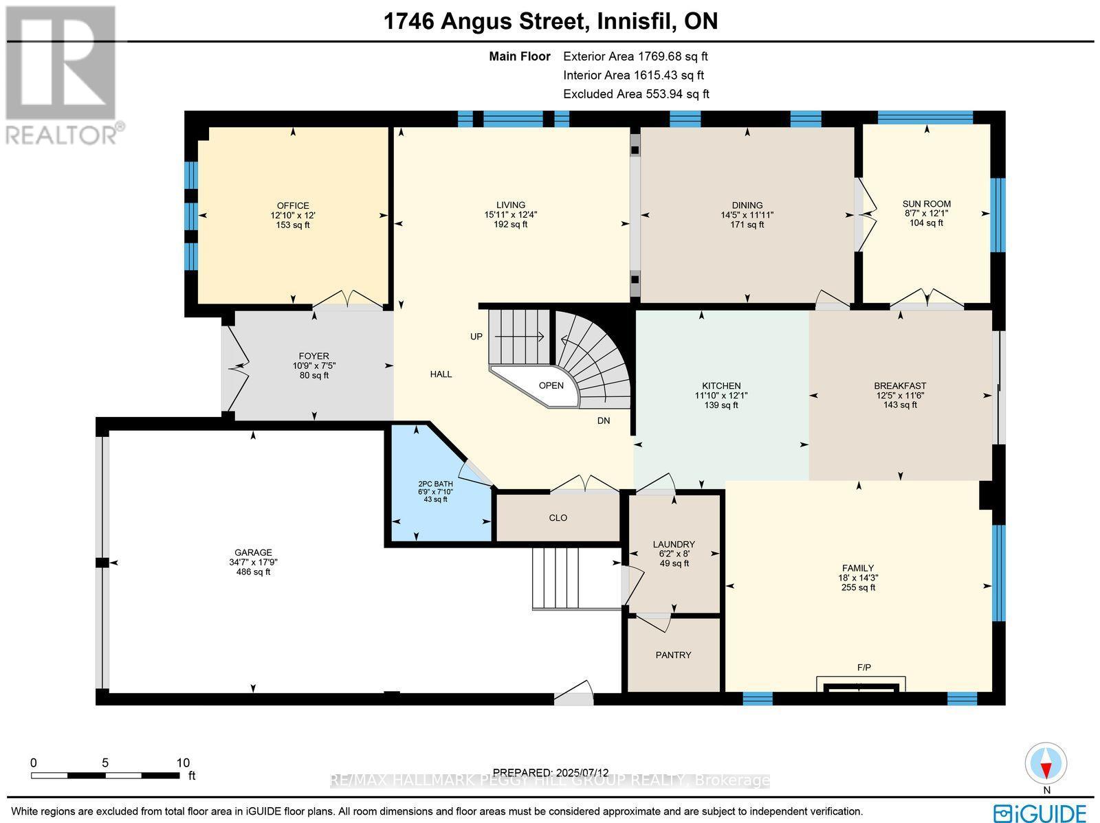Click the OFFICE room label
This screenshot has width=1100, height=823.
click(x=293, y=205)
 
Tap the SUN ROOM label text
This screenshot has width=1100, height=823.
click(x=926, y=204)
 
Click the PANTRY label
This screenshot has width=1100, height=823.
click(x=673, y=655)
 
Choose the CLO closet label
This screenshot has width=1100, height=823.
click(x=558, y=518)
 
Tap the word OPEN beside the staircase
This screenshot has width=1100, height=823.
click(x=551, y=385)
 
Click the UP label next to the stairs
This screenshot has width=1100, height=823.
click(x=476, y=337)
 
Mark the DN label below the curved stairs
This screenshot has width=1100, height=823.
click(x=603, y=421)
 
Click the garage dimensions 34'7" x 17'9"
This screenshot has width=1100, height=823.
click(x=253, y=562)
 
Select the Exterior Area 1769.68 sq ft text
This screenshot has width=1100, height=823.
click(x=635, y=56)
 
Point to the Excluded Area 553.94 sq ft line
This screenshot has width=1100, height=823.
click(x=635, y=94)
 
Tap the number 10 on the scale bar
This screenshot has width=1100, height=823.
click(x=182, y=763)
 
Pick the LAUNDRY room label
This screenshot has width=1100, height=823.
click(x=674, y=544)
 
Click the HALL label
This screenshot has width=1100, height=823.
click(x=441, y=374)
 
